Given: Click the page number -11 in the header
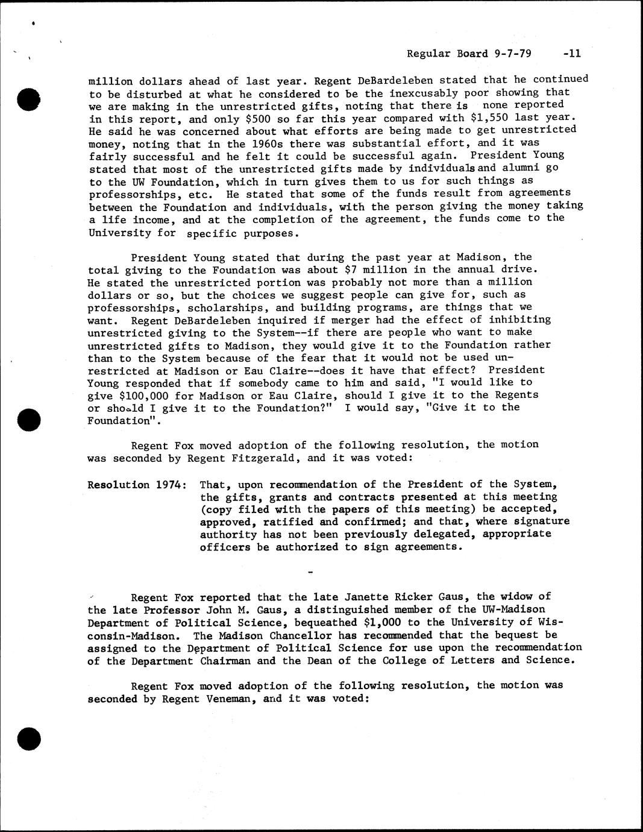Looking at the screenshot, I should (x=569, y=53).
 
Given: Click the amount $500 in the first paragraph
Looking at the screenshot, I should (x=253, y=119).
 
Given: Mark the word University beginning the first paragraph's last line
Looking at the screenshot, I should (x=119, y=233).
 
